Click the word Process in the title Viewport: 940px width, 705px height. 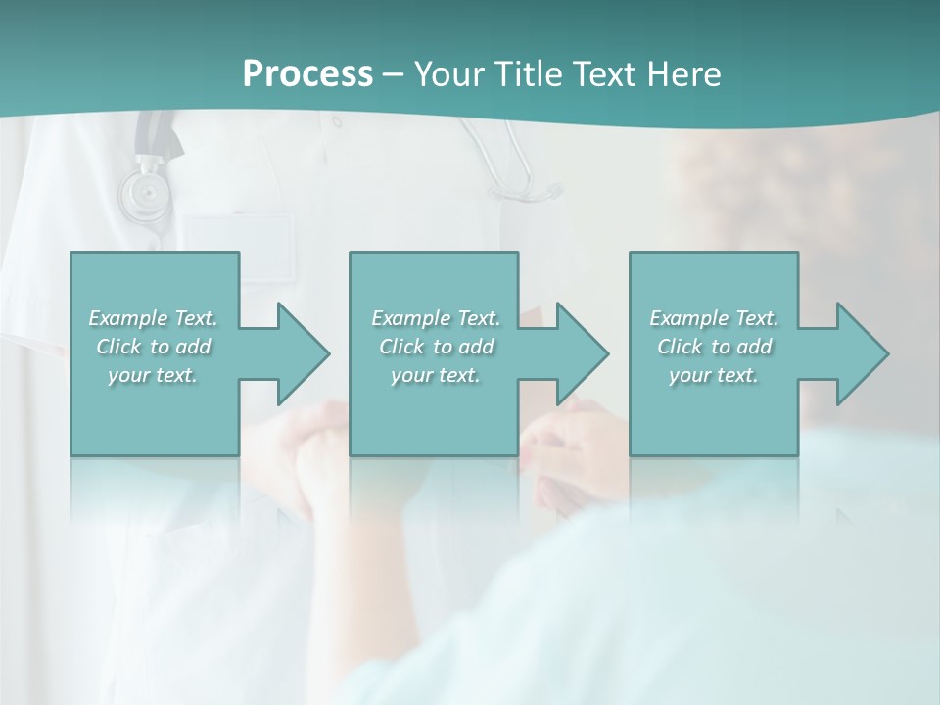307,73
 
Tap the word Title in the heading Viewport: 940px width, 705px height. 523,73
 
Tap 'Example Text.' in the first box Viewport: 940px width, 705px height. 153,318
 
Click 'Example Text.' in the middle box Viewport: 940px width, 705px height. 436,318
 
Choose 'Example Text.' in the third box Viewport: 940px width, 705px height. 714,318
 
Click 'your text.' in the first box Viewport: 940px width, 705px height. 153,375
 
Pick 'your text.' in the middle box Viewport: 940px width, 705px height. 436,375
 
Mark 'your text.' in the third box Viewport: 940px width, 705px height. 714,375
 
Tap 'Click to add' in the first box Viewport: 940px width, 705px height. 153,347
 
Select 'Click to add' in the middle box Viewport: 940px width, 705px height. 436,347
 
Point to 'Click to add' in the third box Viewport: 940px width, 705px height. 714,347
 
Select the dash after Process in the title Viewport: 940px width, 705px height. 394,74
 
